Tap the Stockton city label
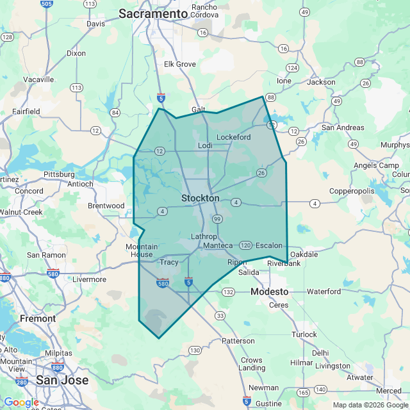201,199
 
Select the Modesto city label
269,291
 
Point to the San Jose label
62,380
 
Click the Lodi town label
205,146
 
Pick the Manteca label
218,246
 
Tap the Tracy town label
169,262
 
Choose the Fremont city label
38,318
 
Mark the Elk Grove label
179,64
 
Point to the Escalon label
268,245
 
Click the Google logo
21,402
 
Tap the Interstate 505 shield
46,4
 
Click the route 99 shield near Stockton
218,220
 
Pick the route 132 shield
229,292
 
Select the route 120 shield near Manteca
245,245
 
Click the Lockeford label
234,137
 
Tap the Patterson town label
238,341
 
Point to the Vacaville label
38,79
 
